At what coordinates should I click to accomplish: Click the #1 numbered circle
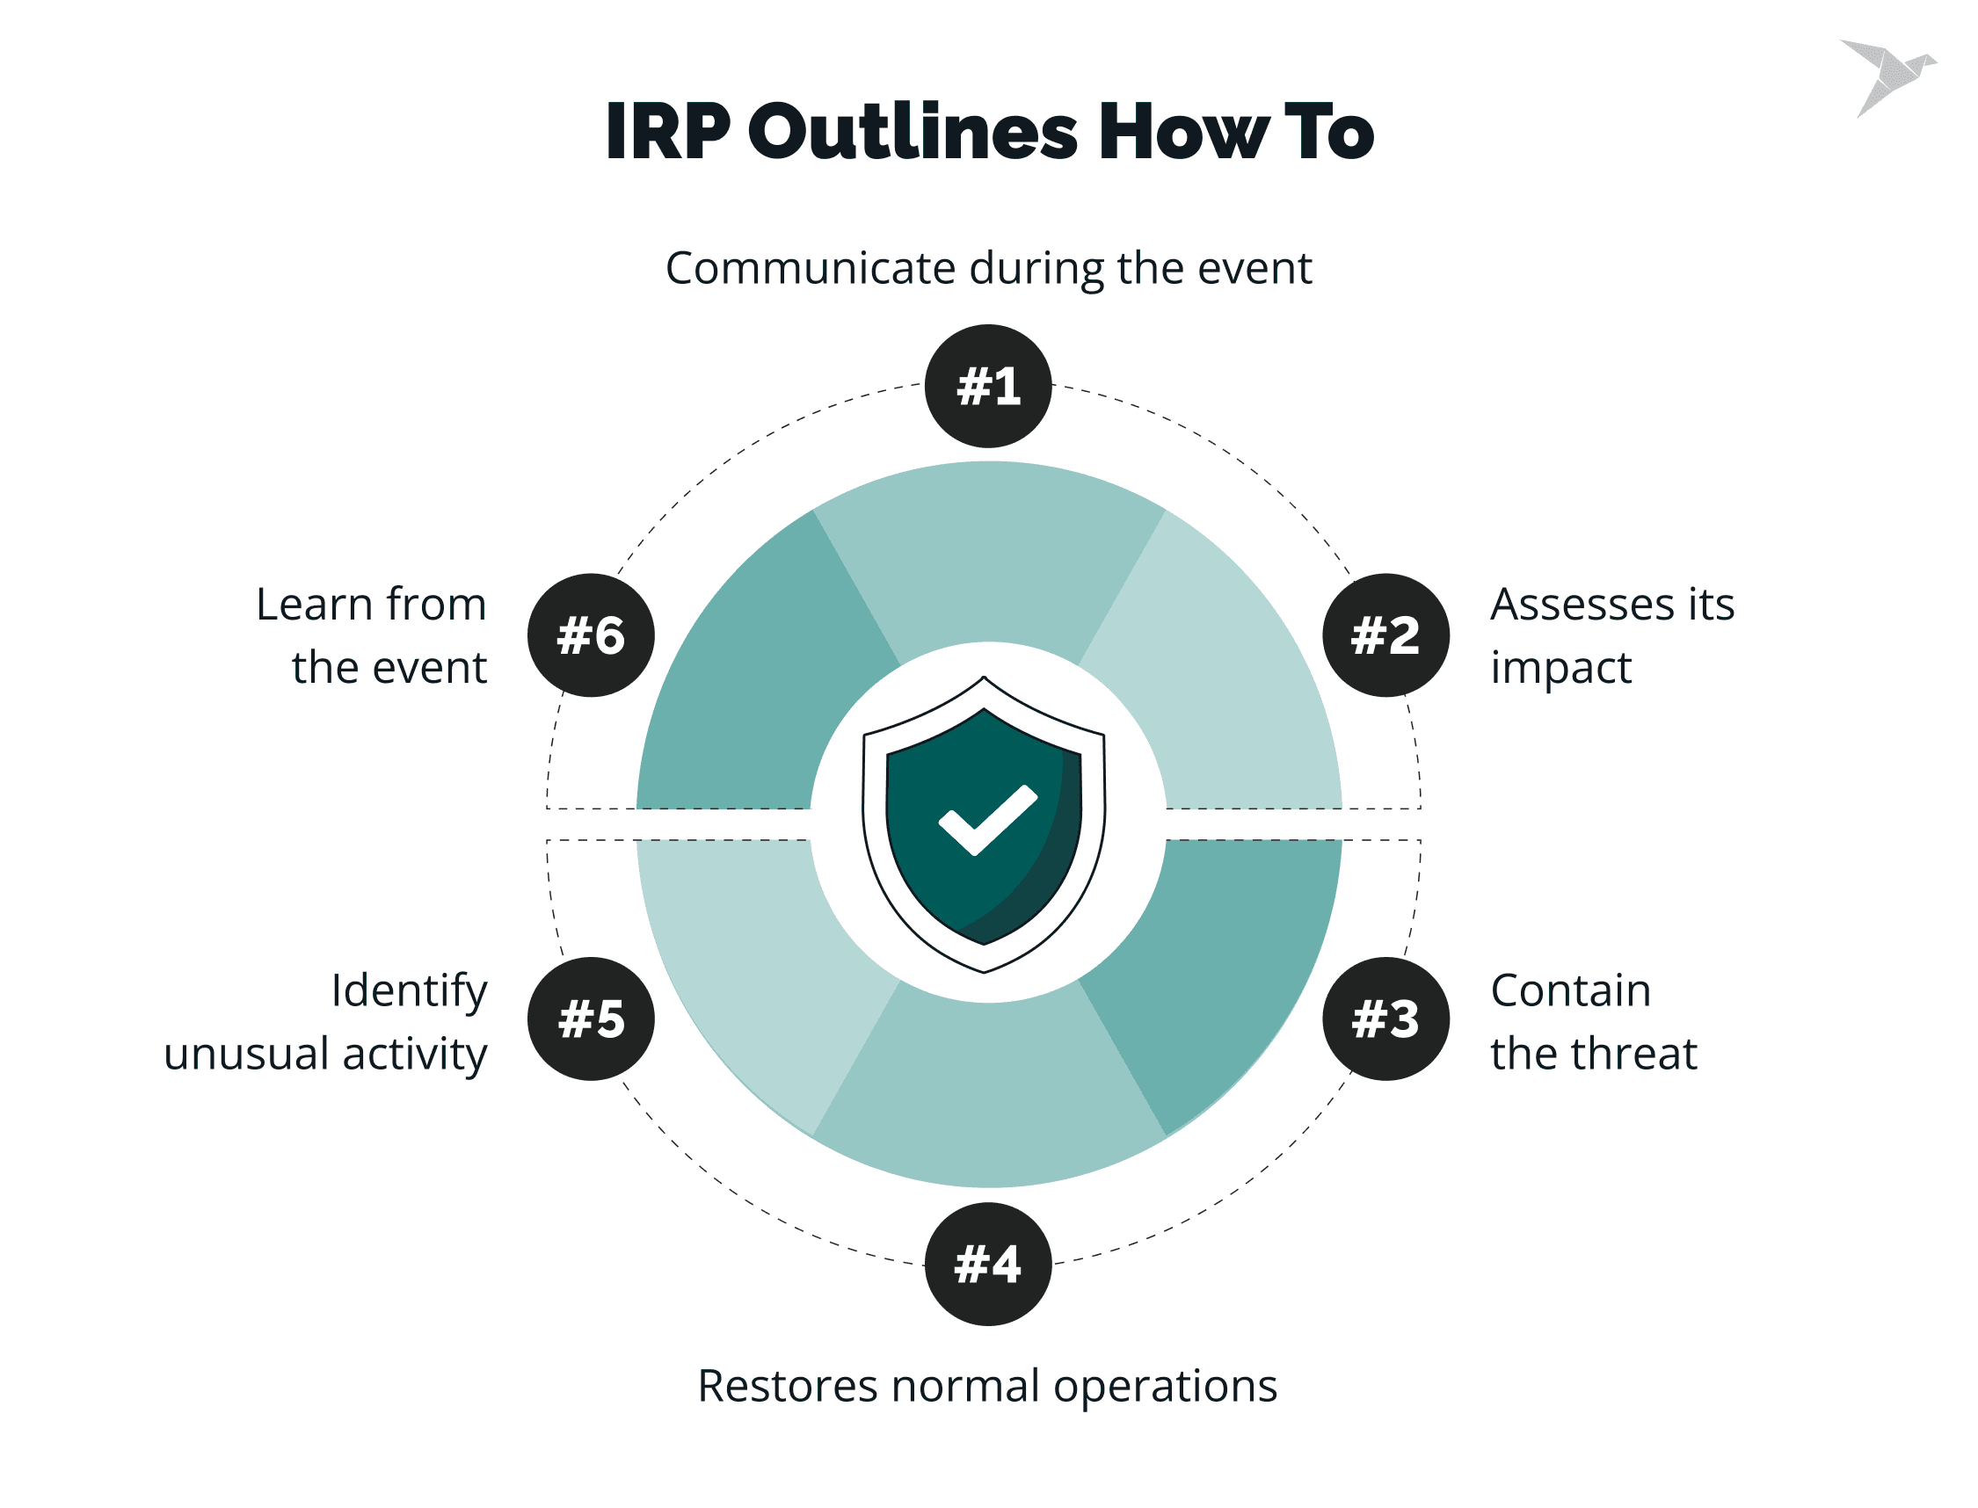click(987, 386)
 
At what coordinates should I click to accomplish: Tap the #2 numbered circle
click(1385, 634)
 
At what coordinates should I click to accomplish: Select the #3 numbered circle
click(1385, 1019)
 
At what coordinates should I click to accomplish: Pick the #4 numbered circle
click(987, 1264)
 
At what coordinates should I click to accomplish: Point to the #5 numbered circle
click(591, 1019)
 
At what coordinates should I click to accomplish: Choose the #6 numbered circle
click(591, 634)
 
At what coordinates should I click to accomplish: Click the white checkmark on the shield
click(986, 819)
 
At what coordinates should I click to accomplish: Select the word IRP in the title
click(669, 132)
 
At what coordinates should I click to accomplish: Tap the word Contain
click(1570, 990)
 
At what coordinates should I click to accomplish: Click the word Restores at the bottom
click(788, 1385)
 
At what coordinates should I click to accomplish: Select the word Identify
click(410, 992)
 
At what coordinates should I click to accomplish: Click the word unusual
click(246, 1053)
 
